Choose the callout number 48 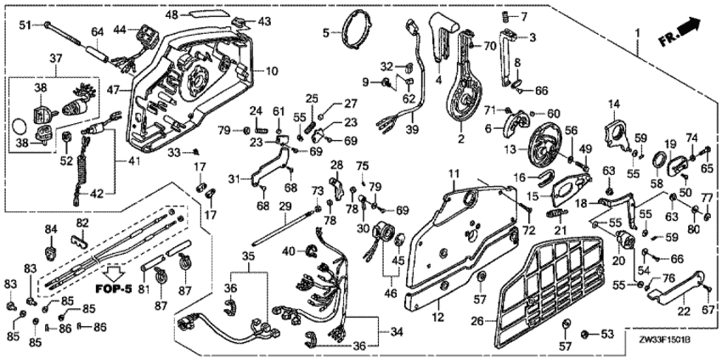170,14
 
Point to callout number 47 114,87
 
